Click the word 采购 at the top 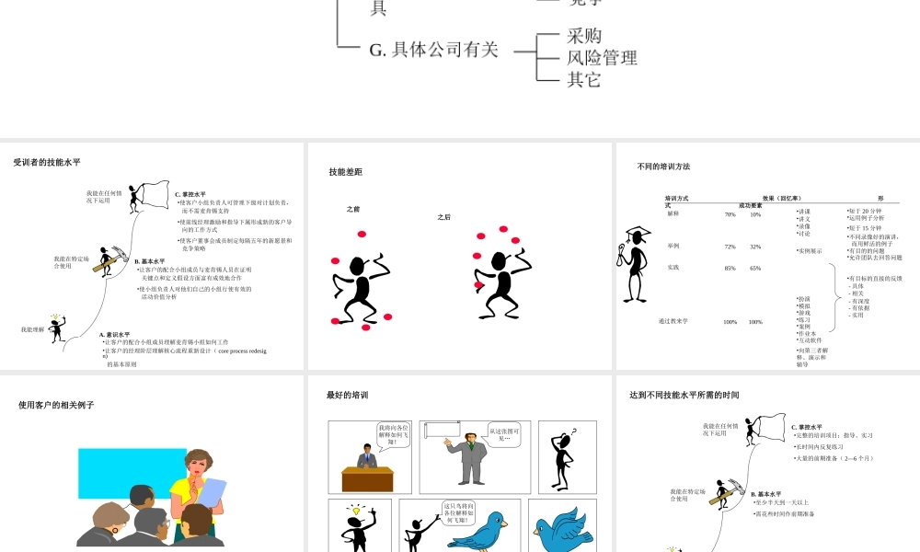584,36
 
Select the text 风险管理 602,58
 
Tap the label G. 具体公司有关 434,50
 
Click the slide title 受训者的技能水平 47,162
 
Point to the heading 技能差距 345,172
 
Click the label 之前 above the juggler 353,210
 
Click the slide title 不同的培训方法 663,167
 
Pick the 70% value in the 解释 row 730,214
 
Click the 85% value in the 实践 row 730,268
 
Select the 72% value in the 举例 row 730,247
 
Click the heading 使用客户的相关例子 56,405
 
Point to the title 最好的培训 347,396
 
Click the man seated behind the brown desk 366,457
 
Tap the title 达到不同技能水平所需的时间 684,396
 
